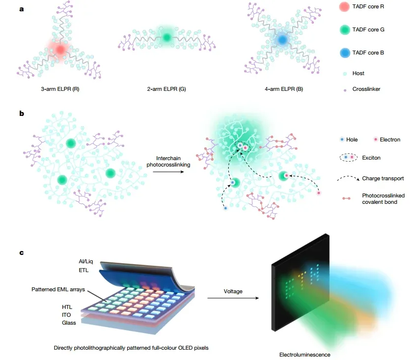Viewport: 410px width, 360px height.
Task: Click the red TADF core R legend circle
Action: point(344,7)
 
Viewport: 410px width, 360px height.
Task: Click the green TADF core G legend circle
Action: point(345,30)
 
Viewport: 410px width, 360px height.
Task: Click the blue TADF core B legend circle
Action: point(345,53)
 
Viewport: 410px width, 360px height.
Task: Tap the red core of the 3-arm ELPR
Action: point(60,50)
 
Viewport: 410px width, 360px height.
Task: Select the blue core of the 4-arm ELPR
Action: point(282,40)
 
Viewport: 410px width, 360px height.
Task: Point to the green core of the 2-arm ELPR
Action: point(166,37)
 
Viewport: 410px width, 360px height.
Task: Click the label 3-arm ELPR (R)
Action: point(60,89)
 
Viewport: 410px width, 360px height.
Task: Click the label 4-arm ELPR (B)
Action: point(284,89)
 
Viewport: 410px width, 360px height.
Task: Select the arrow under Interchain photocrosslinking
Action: point(168,172)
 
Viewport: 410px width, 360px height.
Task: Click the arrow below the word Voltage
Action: point(233,298)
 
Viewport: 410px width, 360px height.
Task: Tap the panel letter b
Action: point(22,113)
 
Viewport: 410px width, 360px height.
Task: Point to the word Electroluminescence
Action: point(304,355)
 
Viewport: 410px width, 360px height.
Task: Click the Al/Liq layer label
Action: point(86,261)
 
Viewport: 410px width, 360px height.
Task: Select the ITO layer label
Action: point(66,315)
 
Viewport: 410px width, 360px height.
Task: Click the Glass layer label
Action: point(69,323)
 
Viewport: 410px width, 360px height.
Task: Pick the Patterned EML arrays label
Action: point(58,289)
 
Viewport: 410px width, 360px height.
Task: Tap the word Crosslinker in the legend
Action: point(366,89)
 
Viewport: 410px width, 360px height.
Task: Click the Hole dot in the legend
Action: point(342,139)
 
